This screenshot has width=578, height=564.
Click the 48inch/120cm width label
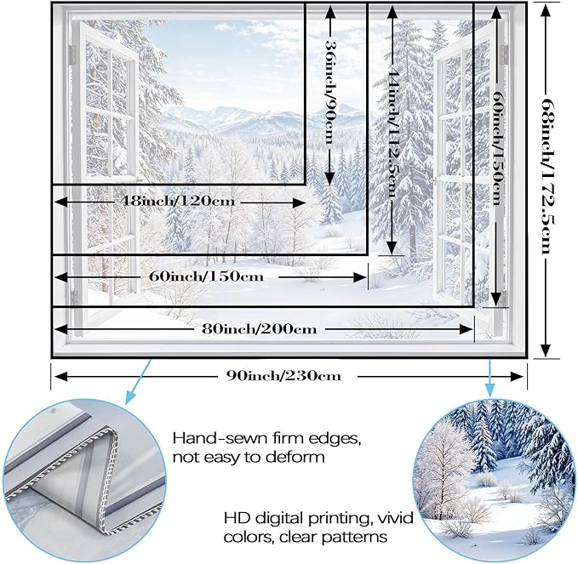pyautogui.click(x=177, y=201)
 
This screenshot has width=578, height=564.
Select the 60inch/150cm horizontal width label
pyautogui.click(x=206, y=276)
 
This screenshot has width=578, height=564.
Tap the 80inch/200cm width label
pyautogui.click(x=259, y=328)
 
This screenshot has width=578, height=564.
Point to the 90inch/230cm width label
pyautogui.click(x=283, y=376)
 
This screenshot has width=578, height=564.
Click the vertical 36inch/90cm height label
pyautogui.click(x=330, y=92)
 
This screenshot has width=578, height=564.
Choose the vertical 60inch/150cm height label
pyautogui.click(x=498, y=148)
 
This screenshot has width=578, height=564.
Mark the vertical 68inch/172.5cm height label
pyautogui.click(x=547, y=176)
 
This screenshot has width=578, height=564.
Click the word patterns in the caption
pyautogui.click(x=355, y=537)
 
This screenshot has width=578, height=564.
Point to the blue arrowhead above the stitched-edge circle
pyautogui.click(x=131, y=396)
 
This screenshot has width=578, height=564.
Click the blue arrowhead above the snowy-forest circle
pyautogui.click(x=490, y=389)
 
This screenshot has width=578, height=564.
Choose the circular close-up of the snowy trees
pyautogui.click(x=495, y=480)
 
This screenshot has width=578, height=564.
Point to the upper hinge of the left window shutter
pyautogui.click(x=72, y=55)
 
